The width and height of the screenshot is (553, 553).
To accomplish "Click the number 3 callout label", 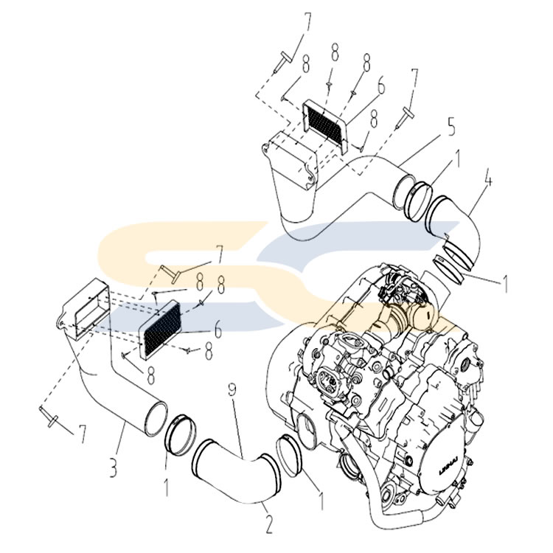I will [111, 467].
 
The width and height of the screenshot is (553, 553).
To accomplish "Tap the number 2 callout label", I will [268, 525].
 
